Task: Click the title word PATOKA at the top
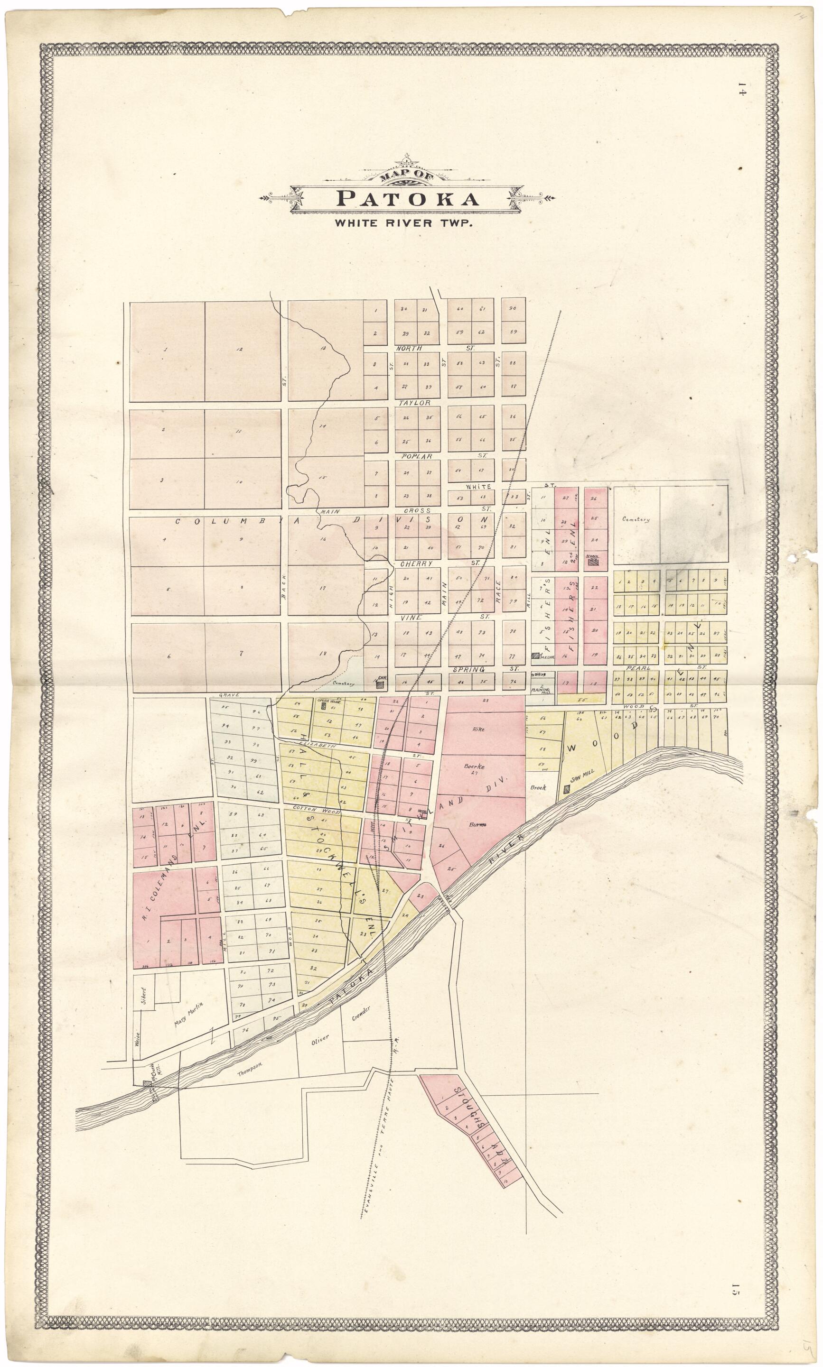(408, 198)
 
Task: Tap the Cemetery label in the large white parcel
(635, 520)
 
